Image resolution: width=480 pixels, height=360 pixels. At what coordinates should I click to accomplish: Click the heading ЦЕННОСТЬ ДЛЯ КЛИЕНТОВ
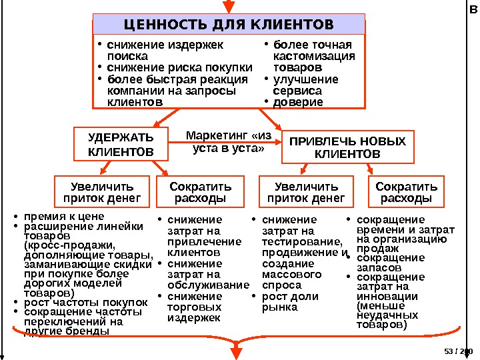coord(229,25)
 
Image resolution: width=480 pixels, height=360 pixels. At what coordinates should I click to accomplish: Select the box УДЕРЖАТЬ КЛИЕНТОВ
coord(121,145)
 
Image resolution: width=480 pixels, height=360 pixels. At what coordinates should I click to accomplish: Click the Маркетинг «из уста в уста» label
coord(228,142)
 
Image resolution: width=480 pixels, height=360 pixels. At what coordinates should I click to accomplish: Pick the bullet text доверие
coord(297,102)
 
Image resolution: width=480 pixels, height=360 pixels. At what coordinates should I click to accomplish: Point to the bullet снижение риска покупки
coord(180,67)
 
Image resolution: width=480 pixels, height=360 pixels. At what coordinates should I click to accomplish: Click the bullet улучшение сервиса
coord(297,85)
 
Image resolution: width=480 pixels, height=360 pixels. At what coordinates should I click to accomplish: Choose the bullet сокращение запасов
coord(390,262)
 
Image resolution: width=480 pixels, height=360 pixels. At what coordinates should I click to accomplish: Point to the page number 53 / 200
coord(457,351)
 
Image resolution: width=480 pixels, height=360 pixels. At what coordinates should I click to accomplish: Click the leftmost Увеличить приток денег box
coord(102,192)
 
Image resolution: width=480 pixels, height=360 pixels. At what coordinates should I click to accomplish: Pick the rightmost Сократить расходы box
coord(407,192)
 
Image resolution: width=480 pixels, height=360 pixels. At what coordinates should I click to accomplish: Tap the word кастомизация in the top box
coord(314,57)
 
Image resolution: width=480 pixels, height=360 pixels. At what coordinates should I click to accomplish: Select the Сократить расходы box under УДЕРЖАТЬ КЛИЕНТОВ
coord(200,192)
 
